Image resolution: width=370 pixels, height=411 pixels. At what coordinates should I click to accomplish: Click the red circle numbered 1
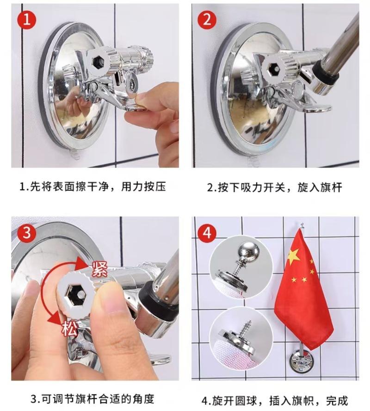point(27,19)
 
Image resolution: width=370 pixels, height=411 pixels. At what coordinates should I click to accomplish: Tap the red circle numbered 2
point(207,19)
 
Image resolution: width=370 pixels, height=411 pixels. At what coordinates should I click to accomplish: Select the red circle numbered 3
point(27,232)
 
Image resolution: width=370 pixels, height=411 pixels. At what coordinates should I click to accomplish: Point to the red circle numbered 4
point(207,232)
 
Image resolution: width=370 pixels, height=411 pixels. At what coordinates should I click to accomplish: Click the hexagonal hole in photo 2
point(273,68)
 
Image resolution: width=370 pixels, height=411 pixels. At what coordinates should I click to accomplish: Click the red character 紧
point(99,269)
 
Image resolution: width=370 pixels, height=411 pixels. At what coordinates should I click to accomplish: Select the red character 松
point(70,329)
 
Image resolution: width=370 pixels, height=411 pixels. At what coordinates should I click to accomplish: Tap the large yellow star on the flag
point(294,257)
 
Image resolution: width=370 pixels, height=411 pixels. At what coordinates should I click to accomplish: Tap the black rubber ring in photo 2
point(326,73)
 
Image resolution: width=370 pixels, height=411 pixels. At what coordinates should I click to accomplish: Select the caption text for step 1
point(92,187)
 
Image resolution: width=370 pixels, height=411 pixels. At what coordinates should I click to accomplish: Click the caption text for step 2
point(274,187)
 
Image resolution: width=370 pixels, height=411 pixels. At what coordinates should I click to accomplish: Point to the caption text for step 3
point(92,399)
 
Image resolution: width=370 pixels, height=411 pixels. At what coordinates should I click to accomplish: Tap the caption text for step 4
point(275,401)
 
